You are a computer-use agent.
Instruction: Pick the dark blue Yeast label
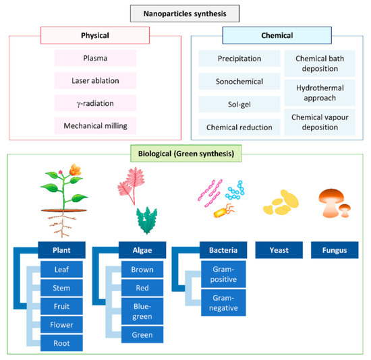pyautogui.click(x=279, y=251)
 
